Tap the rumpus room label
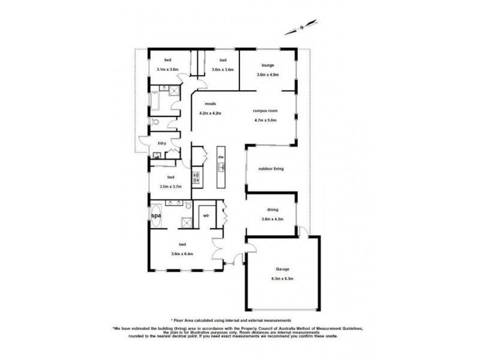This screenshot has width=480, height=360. [x=265, y=110]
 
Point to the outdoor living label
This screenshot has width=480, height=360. [x=270, y=169]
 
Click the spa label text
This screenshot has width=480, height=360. [x=155, y=214]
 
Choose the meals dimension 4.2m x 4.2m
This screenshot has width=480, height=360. [x=211, y=113]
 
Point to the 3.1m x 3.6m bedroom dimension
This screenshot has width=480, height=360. [x=167, y=70]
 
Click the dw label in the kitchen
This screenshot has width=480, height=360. [x=221, y=157]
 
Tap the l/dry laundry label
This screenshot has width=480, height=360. [x=161, y=143]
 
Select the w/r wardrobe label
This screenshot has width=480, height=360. [x=206, y=215]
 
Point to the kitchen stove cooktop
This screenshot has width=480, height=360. [x=196, y=177]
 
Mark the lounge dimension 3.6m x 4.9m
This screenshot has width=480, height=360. [x=268, y=74]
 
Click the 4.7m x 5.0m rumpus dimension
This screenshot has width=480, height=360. [x=265, y=119]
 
